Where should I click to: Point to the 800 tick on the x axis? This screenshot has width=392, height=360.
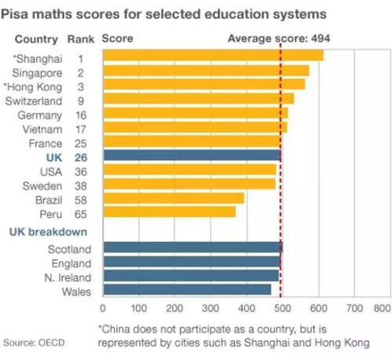click(x=383, y=308)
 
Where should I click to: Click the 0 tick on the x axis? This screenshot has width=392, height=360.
click(x=104, y=308)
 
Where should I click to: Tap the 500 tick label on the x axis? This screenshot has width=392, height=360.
click(x=282, y=308)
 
